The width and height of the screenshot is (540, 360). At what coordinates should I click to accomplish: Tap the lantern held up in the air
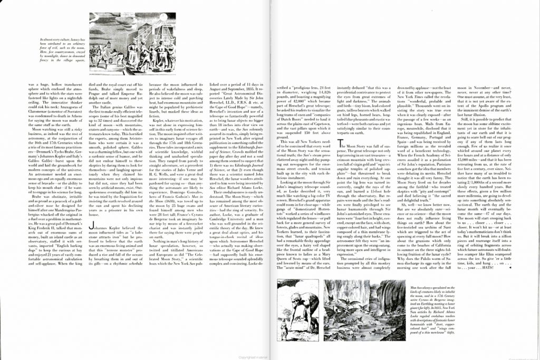tap(109, 44)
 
